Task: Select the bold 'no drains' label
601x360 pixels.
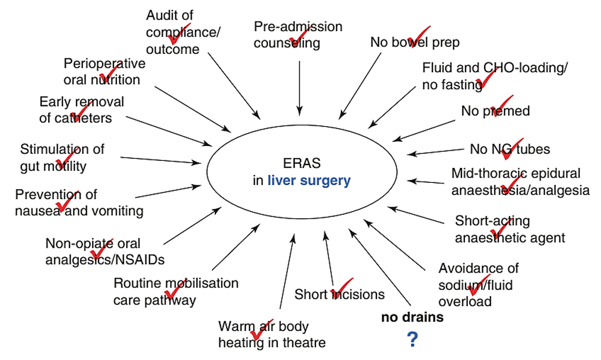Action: pyautogui.click(x=412, y=317)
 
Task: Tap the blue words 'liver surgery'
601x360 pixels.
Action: pyautogui.click(x=309, y=181)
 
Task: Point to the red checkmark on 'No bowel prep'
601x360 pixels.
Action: pyautogui.click(x=419, y=36)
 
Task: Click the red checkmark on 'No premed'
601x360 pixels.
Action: pyautogui.click(x=501, y=105)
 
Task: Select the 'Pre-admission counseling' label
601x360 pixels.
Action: pyautogui.click(x=298, y=35)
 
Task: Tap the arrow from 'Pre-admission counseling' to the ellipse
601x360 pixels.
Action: pyautogui.click(x=299, y=87)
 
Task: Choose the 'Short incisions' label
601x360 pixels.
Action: pyautogui.click(x=339, y=294)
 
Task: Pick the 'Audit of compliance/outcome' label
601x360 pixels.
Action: pyautogui.click(x=182, y=32)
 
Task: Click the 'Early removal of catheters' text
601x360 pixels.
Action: pyautogui.click(x=81, y=109)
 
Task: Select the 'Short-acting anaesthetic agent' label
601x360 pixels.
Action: pyautogui.click(x=510, y=229)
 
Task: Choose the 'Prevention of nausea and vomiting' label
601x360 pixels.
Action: pyautogui.click(x=79, y=203)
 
